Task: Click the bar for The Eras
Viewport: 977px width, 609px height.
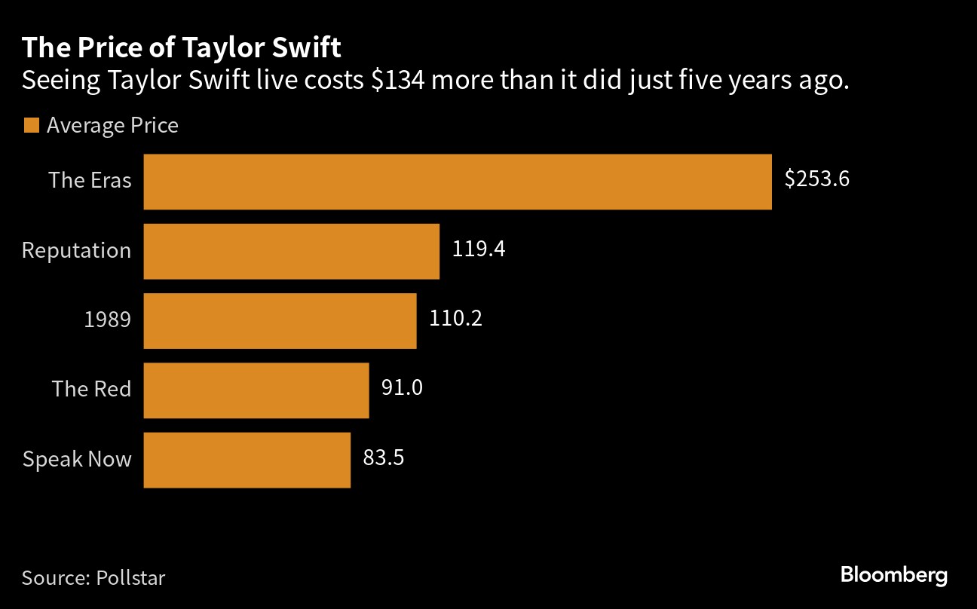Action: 457,182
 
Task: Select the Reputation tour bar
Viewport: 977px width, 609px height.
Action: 291,251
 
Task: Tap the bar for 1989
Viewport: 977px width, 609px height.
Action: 280,320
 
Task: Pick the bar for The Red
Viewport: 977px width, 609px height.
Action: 256,390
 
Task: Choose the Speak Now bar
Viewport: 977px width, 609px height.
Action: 247,460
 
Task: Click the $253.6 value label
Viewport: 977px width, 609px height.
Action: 816,179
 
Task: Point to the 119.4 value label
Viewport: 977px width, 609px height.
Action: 478,249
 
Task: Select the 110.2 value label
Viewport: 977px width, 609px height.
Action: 455,318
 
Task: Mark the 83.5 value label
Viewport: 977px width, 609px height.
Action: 384,458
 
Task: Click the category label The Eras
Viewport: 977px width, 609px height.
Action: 90,180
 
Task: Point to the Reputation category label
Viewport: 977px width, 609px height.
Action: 76,250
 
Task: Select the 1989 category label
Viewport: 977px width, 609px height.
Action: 107,320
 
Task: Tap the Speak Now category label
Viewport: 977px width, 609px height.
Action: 77,459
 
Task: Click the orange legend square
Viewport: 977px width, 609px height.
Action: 31,125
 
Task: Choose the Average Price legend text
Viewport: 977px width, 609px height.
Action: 112,125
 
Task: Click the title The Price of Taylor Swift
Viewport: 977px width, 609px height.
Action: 181,48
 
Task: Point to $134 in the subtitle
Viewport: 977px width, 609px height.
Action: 398,80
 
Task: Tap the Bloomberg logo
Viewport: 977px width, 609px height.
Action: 893,576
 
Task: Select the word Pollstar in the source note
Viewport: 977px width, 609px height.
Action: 130,578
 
